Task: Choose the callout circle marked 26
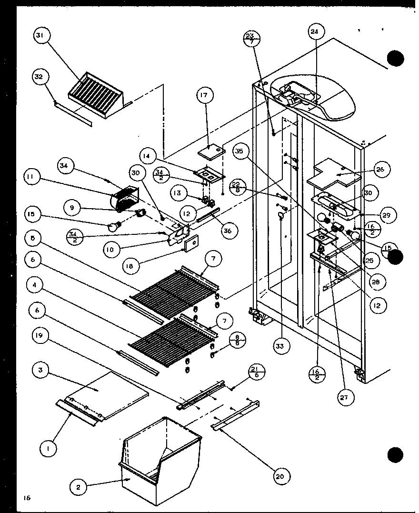point(382,170)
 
